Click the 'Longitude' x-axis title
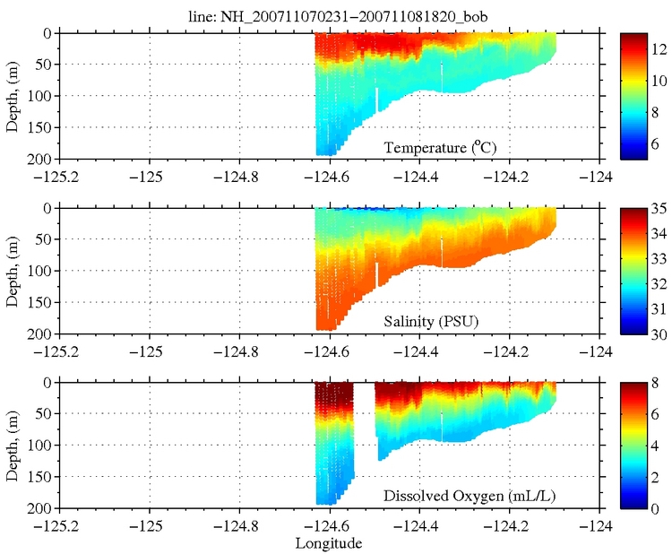[x=329, y=543]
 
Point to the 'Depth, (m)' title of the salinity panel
[x=13, y=270]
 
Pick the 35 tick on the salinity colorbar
[x=659, y=209]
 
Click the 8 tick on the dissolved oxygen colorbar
[x=659, y=383]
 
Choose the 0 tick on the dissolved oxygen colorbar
[x=659, y=508]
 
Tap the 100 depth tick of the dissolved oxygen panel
[x=41, y=446]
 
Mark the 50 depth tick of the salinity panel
[x=45, y=239]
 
